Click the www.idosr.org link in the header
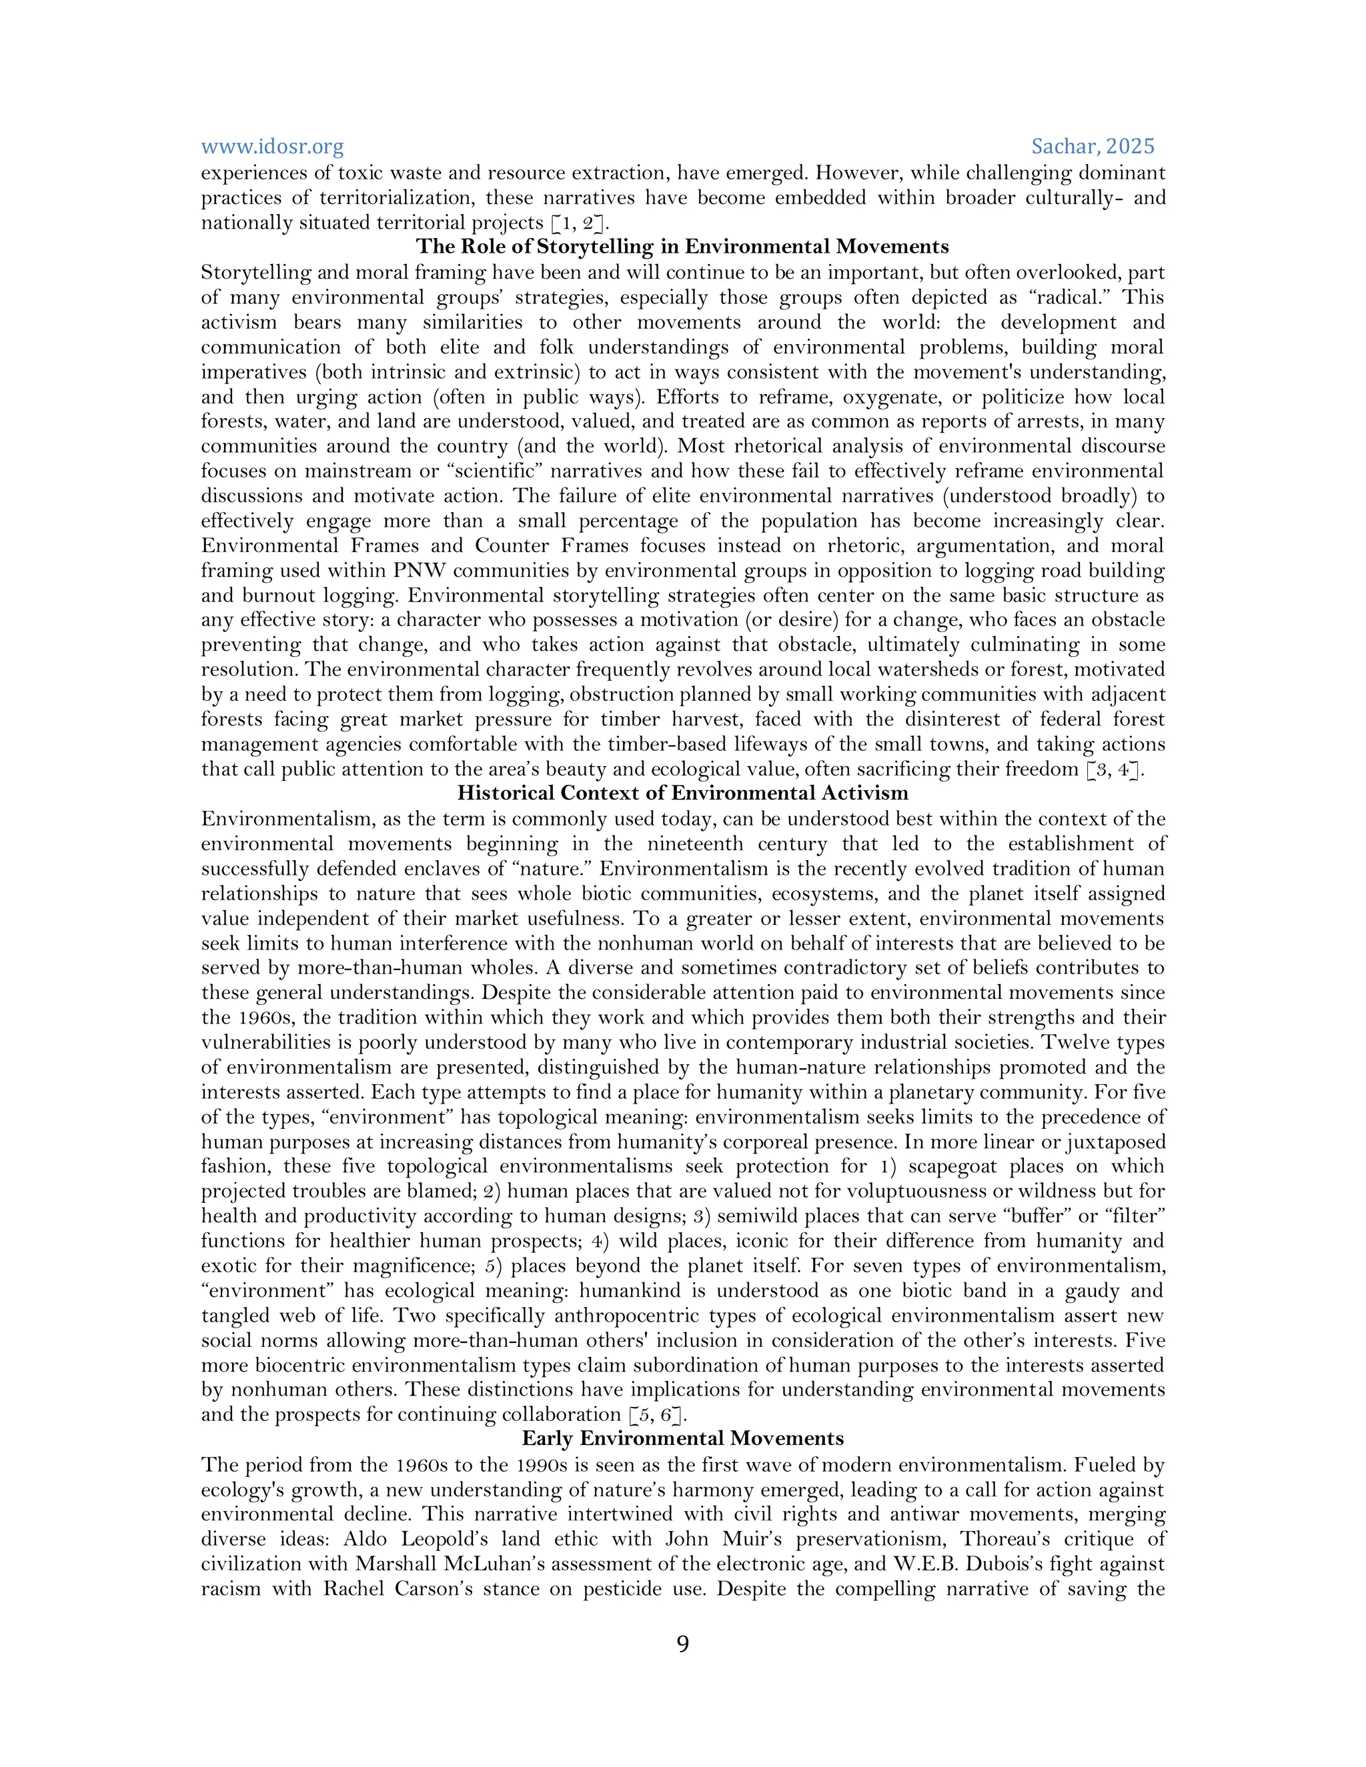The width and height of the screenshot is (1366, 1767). pyautogui.click(x=272, y=147)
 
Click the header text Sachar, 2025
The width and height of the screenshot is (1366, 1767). pyautogui.click(x=1093, y=147)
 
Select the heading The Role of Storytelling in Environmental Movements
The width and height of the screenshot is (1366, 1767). pyautogui.click(x=682, y=247)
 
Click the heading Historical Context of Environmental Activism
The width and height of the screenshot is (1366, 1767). pyautogui.click(x=682, y=793)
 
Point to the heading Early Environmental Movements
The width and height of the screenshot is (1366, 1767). pyautogui.click(x=682, y=1438)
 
